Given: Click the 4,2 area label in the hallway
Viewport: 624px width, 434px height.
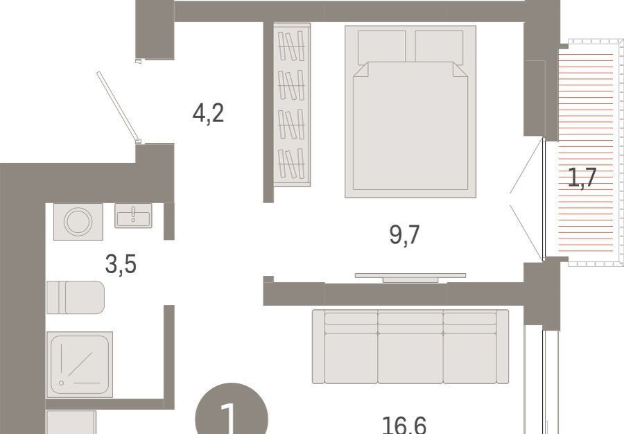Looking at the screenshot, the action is coord(208,113).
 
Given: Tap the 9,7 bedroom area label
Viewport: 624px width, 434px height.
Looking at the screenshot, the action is coord(404,235).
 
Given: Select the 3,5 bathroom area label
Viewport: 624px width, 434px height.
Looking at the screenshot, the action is coord(121,265).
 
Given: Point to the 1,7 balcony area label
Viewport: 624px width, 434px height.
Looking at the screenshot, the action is coord(582,177).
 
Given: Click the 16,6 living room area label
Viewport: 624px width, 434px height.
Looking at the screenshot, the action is coord(404,425).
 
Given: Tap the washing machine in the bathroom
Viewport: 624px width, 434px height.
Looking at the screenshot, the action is coord(78,222).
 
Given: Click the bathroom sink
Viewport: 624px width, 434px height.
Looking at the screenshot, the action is coord(133,216).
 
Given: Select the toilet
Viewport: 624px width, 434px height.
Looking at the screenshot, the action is coord(76,297).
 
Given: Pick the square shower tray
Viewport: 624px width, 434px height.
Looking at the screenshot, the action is coord(80,365).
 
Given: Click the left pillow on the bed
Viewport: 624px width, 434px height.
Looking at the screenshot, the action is coord(381,47).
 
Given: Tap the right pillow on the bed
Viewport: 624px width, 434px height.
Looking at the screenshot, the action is coord(439,47).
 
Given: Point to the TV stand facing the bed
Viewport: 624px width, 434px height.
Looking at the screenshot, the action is coord(410,277).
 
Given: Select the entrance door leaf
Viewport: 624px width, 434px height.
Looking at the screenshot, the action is coord(118,106).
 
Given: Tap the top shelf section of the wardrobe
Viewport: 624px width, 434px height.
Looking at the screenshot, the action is coord(292,46).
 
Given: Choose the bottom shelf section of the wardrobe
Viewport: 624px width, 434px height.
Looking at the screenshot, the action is coord(292,164).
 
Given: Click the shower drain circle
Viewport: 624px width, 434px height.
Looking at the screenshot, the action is coord(61,383).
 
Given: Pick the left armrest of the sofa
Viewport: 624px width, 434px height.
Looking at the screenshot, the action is coord(318,347).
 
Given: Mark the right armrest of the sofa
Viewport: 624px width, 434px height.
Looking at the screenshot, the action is coord(503,347).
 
